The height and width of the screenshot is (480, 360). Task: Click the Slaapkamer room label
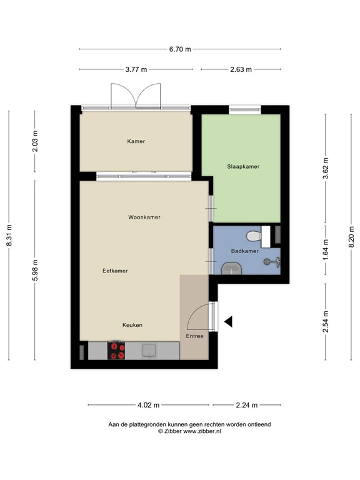tap(242, 166)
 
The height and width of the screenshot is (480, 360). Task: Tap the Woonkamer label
tap(144, 217)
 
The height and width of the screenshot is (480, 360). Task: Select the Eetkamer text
tap(115, 271)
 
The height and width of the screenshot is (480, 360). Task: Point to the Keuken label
tap(132, 325)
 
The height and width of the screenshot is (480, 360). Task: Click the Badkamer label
tap(244, 251)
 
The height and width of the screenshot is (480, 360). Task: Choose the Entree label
tap(194, 336)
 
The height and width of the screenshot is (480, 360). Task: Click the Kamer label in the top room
tap(136, 141)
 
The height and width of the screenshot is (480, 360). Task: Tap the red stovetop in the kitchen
tap(116, 351)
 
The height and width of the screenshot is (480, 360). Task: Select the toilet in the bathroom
tap(254, 236)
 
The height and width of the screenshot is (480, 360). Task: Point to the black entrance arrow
tap(228, 321)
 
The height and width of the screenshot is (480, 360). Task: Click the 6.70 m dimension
tap(180, 49)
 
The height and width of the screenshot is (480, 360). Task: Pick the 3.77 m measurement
tap(135, 69)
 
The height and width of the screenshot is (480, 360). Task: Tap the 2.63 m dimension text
tap(241, 69)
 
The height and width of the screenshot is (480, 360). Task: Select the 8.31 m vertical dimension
tap(9, 236)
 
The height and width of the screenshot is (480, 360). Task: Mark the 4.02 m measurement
tap(148, 404)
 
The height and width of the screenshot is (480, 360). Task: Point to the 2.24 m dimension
tap(246, 404)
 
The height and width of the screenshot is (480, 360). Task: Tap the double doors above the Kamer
tap(136, 96)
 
